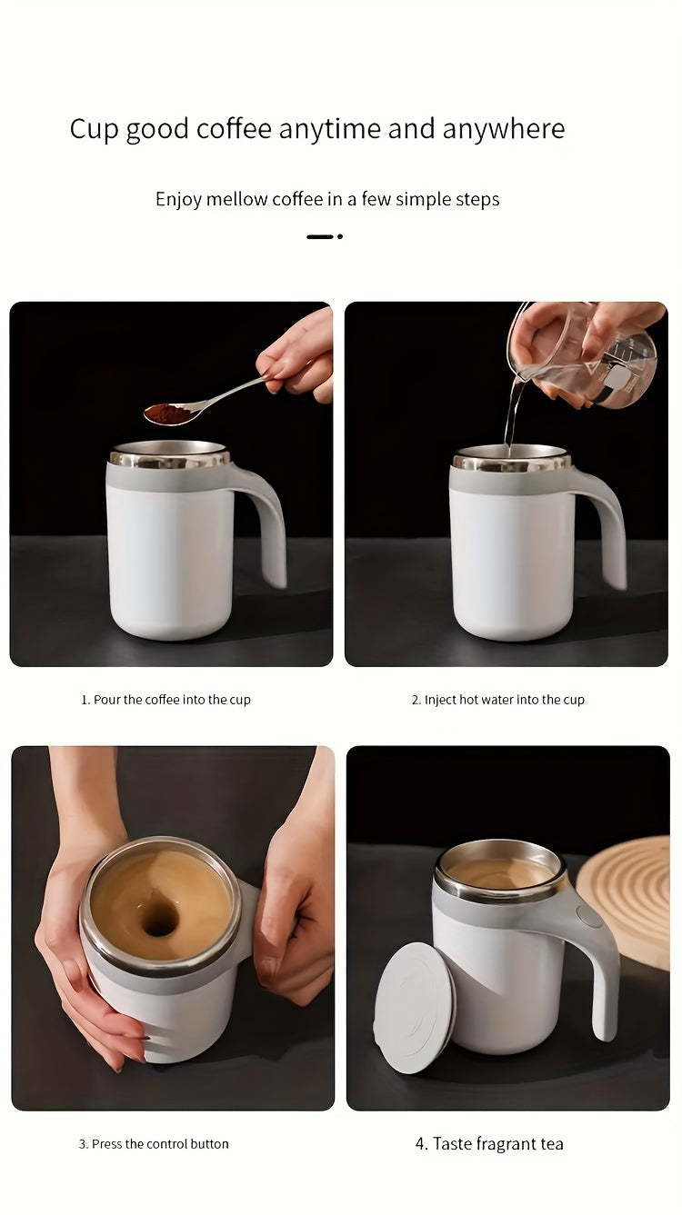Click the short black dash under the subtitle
[x=319, y=236]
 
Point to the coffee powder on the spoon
[x=165, y=413]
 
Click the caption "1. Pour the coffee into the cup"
[x=165, y=700]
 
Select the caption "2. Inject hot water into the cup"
[x=497, y=700]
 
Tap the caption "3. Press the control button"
[x=154, y=1144]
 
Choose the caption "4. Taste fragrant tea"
[x=489, y=1144]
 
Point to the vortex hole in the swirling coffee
[x=160, y=919]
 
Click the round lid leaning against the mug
[x=414, y=1007]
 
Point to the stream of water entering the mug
[x=513, y=413]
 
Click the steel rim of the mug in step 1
[x=169, y=459]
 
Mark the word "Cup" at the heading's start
[x=94, y=130]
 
